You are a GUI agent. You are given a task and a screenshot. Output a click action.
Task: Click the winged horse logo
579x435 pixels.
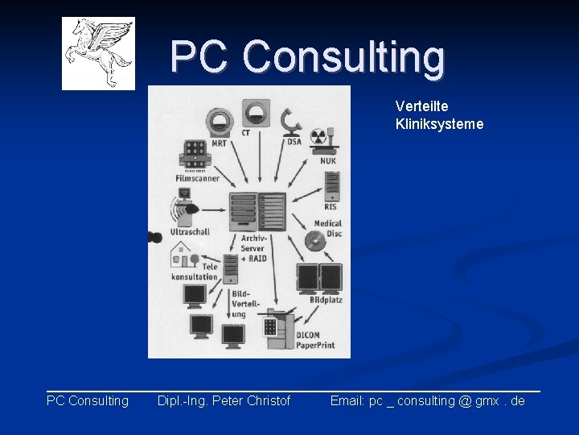(x=98, y=53)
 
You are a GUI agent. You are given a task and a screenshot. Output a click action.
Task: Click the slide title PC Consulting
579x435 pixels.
(x=307, y=57)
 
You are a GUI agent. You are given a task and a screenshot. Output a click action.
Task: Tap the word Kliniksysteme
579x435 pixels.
(x=439, y=124)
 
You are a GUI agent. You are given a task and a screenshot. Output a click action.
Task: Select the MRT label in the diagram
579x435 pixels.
(x=219, y=143)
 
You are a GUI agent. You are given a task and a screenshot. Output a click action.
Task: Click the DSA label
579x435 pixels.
(x=294, y=143)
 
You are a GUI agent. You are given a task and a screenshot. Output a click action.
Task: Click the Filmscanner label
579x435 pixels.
(x=197, y=178)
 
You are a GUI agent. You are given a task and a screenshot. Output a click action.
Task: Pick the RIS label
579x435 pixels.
(x=331, y=207)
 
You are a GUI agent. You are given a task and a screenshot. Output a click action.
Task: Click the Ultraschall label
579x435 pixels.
(x=190, y=232)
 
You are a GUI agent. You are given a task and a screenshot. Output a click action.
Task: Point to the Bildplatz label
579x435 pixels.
(x=326, y=300)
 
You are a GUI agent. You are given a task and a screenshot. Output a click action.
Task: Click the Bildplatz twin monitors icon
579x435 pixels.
(x=319, y=278)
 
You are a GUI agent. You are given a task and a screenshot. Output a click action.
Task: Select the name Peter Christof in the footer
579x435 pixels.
(x=252, y=400)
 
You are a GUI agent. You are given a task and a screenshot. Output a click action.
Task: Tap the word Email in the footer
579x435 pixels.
(x=347, y=400)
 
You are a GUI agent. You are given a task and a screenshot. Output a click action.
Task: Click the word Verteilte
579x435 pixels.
(x=422, y=106)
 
